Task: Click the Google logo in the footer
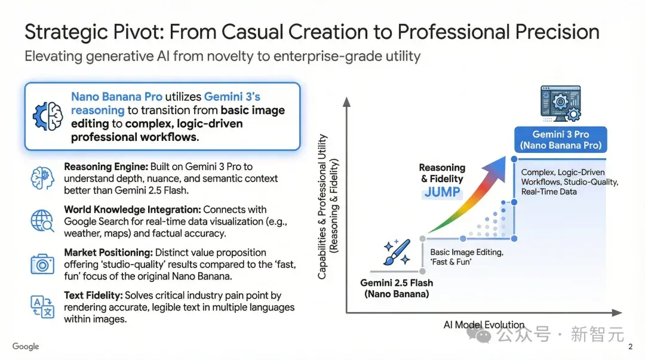pyautogui.click(x=26, y=346)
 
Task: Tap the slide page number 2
pyautogui.click(x=630, y=347)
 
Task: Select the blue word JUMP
pyautogui.click(x=442, y=192)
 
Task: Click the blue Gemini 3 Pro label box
pyautogui.click(x=561, y=140)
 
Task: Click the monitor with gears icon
pyautogui.click(x=561, y=104)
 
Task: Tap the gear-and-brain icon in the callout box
pyautogui.click(x=48, y=116)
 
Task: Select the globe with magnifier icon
pyautogui.click(x=42, y=221)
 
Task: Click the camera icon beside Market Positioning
pyautogui.click(x=42, y=264)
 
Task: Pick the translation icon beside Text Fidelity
pyautogui.click(x=42, y=306)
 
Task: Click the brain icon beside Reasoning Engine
pyautogui.click(x=42, y=178)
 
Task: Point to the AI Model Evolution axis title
pyautogui.click(x=484, y=325)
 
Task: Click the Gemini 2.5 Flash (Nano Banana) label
pyautogui.click(x=397, y=288)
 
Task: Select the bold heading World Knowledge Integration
pyautogui.click(x=133, y=210)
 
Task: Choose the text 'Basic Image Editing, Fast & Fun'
pyautogui.click(x=467, y=257)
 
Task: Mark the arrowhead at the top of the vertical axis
pyautogui.click(x=347, y=101)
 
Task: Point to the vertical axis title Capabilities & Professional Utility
pyautogui.click(x=322, y=207)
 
